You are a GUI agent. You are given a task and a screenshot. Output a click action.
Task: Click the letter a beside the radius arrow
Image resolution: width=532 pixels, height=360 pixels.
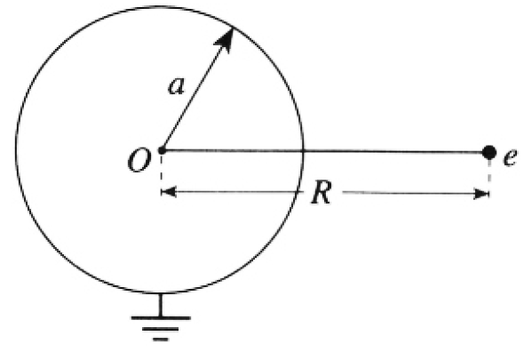coord(177,85)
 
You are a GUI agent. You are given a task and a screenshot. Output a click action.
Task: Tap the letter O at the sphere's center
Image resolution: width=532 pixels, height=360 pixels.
coord(139,161)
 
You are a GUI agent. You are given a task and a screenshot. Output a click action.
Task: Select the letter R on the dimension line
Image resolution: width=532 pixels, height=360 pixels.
coord(321,193)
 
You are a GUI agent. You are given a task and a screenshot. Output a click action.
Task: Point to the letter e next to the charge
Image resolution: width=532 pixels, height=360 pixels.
coord(511,157)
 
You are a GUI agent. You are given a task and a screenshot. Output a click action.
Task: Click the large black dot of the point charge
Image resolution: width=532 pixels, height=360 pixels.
coord(488,152)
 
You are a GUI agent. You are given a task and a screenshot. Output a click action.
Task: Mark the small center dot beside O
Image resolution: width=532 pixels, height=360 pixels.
coord(162,149)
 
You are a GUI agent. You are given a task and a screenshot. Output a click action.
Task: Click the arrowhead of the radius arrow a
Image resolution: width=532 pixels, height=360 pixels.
coord(225,38)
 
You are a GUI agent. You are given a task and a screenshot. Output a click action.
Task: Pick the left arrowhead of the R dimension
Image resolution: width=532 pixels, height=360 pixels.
coord(169,192)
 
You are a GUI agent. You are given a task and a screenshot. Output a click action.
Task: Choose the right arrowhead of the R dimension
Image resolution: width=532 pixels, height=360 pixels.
coord(481,194)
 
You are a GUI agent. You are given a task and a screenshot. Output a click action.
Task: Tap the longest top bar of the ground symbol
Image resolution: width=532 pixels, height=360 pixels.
coord(161,318)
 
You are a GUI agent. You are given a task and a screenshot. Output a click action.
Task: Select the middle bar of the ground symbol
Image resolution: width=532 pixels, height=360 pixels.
coord(161,329)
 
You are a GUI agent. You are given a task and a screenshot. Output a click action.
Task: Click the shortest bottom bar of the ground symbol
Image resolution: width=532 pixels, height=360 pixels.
coord(161,339)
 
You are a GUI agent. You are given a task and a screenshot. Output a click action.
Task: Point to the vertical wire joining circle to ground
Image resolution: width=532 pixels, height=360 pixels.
coord(161,305)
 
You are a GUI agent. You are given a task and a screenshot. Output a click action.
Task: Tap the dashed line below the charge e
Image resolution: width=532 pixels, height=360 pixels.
coord(488,174)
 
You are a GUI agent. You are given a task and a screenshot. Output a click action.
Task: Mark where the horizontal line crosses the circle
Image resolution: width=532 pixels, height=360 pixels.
coord(302,150)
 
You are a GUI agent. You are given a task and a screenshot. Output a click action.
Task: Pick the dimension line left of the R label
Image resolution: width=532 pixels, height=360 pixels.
coord(233,192)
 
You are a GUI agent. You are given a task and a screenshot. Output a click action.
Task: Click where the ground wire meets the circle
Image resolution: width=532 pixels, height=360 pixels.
coord(161,292)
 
